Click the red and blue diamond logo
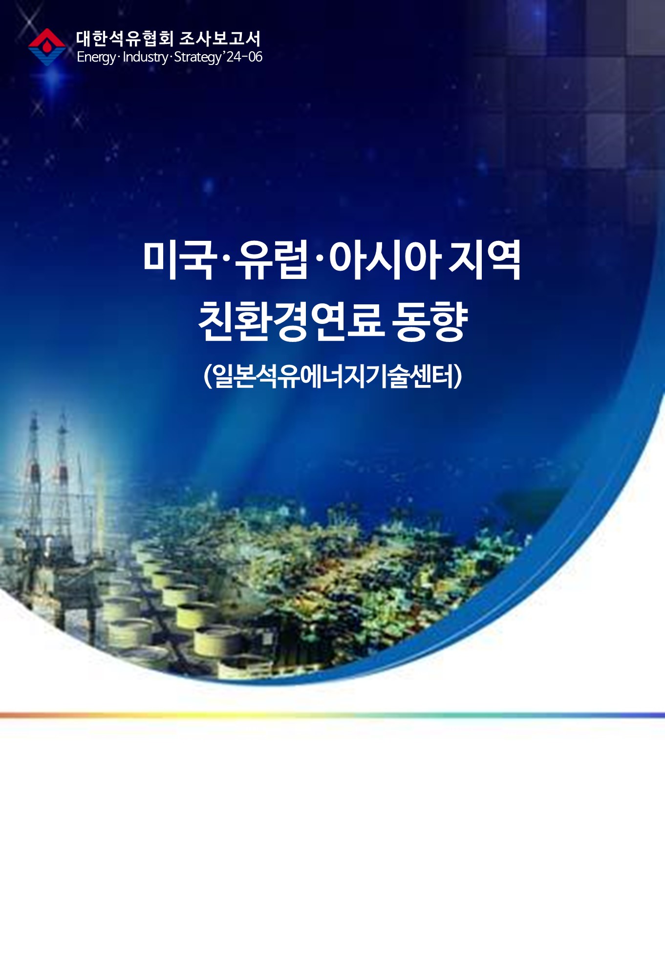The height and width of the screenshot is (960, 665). (47, 47)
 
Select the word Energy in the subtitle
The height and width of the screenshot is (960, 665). (96, 57)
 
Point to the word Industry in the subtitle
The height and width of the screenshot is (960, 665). (145, 57)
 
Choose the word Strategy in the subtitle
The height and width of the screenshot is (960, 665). (197, 57)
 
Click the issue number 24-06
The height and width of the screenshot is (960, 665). (244, 57)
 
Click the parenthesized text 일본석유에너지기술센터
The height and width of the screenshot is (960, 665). (333, 376)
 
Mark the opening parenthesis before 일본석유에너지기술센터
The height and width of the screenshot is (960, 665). (207, 376)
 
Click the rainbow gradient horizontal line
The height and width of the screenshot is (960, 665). (332, 715)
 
